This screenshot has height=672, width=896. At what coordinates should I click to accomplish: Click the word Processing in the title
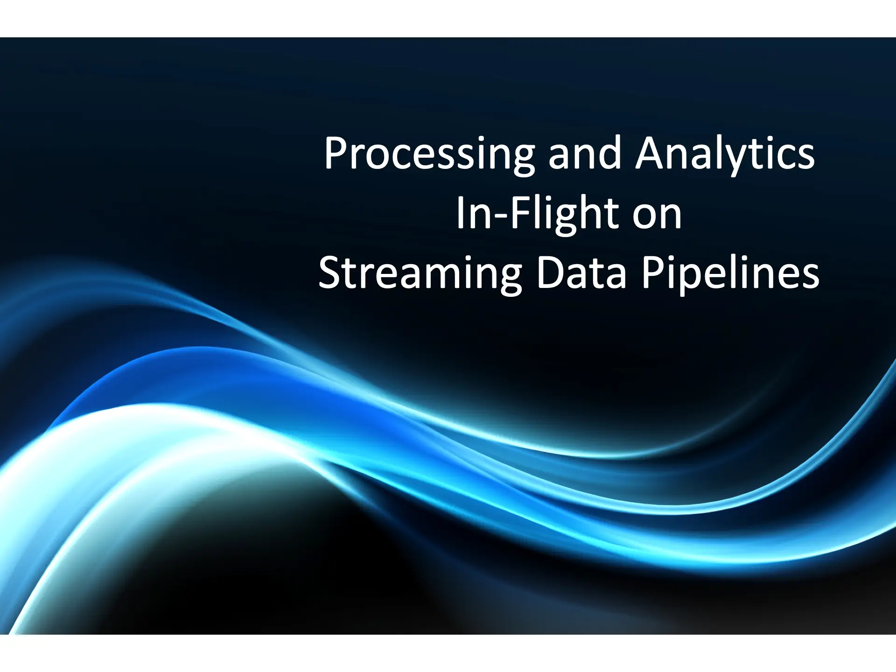point(429,155)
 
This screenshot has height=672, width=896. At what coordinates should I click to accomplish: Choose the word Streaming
point(420,275)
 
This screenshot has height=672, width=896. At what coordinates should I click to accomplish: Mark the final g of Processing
point(523,161)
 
